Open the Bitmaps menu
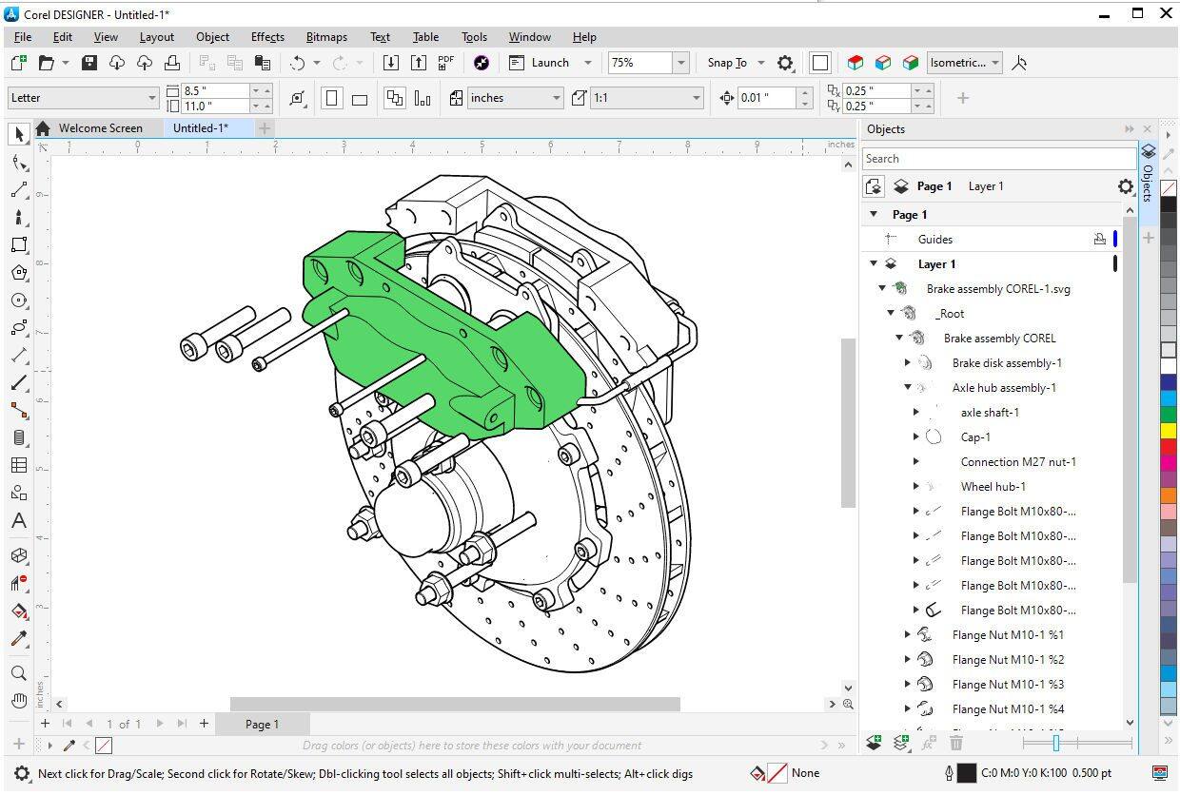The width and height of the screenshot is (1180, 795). [326, 37]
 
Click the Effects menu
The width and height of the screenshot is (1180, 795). [267, 37]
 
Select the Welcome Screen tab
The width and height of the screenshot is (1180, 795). [100, 128]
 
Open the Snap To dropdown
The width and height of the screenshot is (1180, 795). [736, 63]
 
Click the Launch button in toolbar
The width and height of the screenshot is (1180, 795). [550, 63]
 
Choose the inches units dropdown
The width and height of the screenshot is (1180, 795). [514, 98]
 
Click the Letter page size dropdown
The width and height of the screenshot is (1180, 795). [83, 98]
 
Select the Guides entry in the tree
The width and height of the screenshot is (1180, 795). [934, 240]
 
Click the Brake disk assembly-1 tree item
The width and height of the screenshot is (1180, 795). [1007, 363]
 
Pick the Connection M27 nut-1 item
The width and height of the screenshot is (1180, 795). [1018, 462]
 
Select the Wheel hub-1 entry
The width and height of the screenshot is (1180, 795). [993, 487]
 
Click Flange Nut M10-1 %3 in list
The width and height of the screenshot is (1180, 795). [1008, 685]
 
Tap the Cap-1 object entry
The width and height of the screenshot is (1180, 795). [975, 437]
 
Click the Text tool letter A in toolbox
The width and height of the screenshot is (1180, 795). [18, 521]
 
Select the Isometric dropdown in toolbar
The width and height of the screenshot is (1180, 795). [964, 63]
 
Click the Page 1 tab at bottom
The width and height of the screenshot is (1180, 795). [262, 725]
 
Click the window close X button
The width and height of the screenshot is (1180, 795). [1166, 13]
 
